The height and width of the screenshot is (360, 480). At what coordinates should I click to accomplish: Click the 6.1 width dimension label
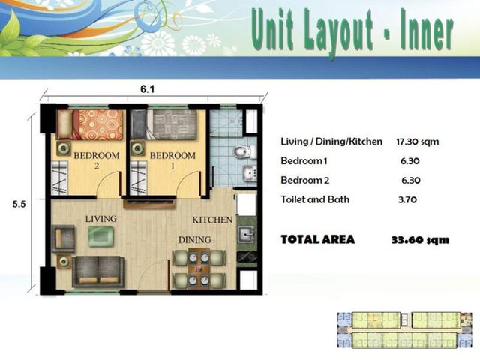(x=147, y=89)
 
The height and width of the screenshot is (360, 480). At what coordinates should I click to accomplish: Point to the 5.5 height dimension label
(x=19, y=204)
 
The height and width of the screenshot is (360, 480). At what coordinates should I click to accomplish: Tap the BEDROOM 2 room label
(x=97, y=160)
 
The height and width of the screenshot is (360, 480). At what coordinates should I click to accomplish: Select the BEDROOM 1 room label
(x=172, y=160)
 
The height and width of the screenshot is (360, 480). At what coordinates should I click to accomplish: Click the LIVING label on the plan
(x=101, y=219)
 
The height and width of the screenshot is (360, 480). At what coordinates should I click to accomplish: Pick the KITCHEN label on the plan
(x=212, y=220)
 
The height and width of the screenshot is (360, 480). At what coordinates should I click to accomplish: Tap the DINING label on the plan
(x=195, y=239)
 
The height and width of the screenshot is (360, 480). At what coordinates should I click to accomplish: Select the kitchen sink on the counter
(x=247, y=235)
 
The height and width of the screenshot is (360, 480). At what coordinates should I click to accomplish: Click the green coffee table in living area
(x=101, y=236)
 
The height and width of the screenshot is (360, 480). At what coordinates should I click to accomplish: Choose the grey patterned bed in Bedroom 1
(x=163, y=124)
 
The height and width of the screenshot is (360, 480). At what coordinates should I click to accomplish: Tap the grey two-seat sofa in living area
(x=98, y=271)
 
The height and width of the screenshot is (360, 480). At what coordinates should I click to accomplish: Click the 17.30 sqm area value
(x=418, y=142)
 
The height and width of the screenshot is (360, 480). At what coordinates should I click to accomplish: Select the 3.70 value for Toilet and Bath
(x=407, y=200)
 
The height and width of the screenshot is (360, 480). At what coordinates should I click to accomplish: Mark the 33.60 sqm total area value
(x=421, y=240)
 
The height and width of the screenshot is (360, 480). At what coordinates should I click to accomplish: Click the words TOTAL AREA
(x=318, y=239)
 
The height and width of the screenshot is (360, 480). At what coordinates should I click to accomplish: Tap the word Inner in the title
(x=427, y=31)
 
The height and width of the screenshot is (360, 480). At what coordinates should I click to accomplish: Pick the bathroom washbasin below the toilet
(x=250, y=173)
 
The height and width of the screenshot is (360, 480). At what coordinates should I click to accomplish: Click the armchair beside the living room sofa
(x=63, y=238)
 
